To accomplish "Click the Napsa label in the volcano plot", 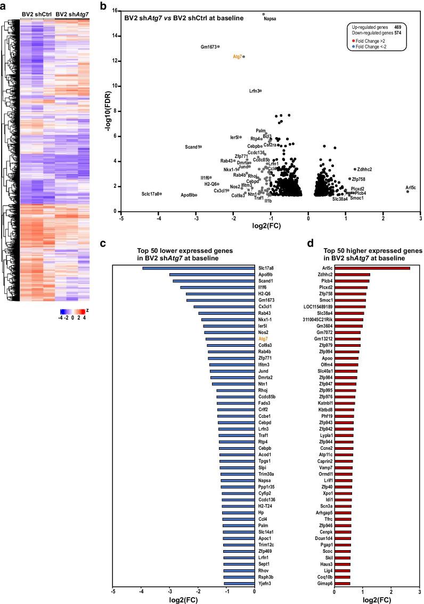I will pos(270,19).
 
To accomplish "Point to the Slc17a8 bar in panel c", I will pos(197,268).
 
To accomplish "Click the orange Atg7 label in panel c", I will pos(263,339).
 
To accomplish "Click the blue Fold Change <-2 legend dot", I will pos(354,47).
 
